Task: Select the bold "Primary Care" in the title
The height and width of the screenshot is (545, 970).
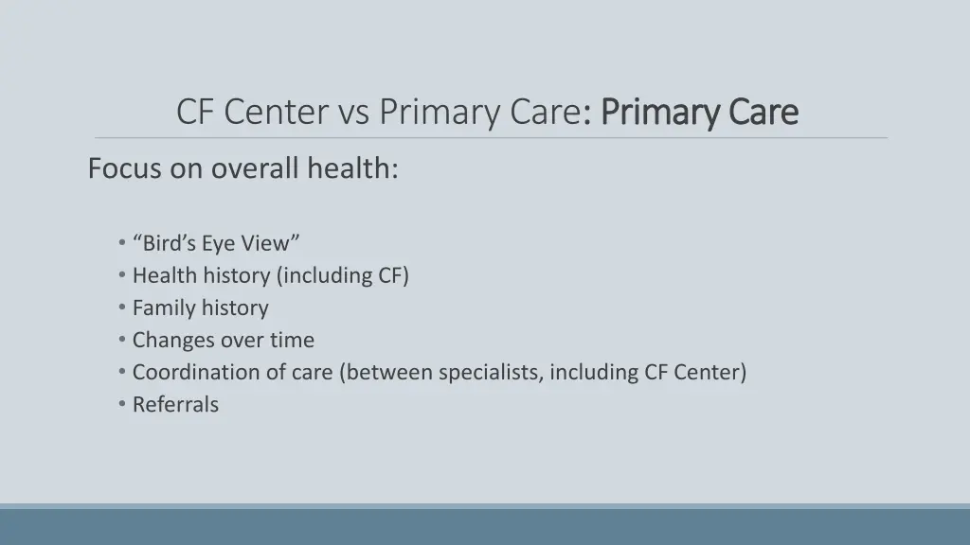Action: (x=700, y=113)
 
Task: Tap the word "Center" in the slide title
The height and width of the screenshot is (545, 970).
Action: (x=274, y=113)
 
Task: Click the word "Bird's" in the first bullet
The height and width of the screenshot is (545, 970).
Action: (x=168, y=243)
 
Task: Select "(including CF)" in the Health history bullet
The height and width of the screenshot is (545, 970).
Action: (x=343, y=275)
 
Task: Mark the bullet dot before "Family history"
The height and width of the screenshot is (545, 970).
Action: (x=123, y=308)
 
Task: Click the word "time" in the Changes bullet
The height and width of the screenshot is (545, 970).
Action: (x=292, y=340)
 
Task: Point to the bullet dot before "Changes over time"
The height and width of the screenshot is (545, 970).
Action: (x=123, y=340)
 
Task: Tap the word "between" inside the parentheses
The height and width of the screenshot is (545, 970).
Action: (x=388, y=372)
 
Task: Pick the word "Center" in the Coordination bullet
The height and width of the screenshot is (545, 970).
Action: (x=710, y=372)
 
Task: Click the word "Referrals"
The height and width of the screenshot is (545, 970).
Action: (x=175, y=404)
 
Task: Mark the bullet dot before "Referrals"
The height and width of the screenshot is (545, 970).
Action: (x=123, y=404)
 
